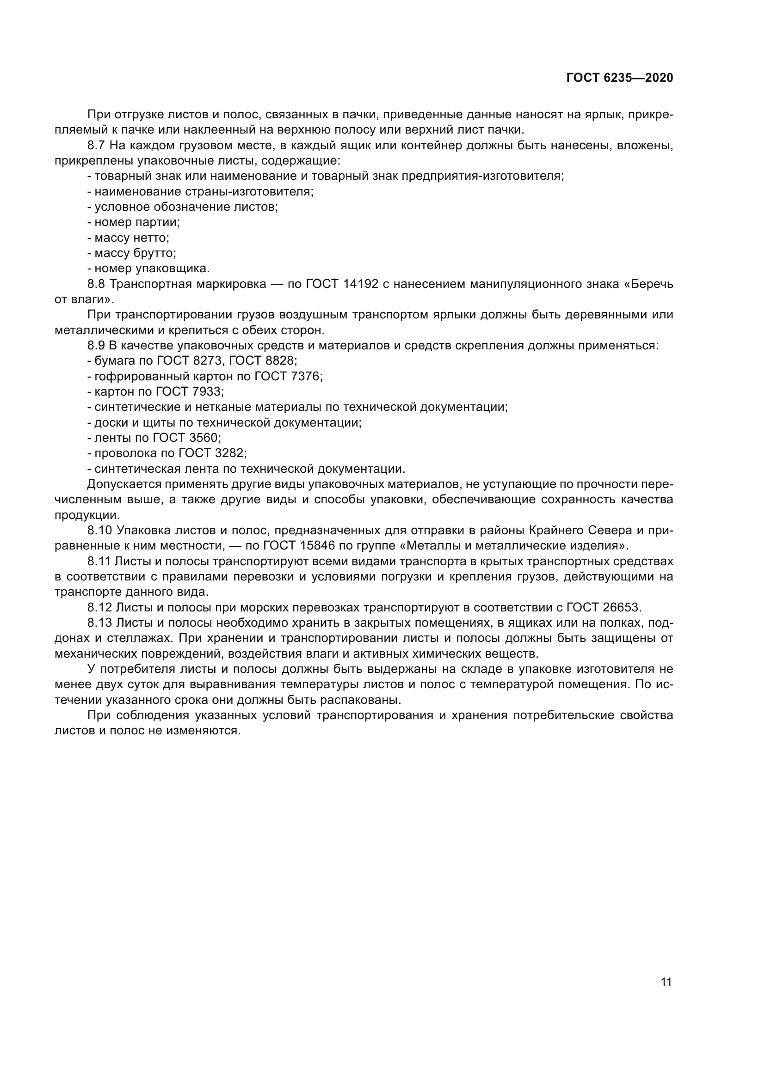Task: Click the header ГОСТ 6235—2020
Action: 619,78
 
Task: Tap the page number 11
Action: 666,982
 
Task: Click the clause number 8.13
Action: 99,623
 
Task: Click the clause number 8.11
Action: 99,561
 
